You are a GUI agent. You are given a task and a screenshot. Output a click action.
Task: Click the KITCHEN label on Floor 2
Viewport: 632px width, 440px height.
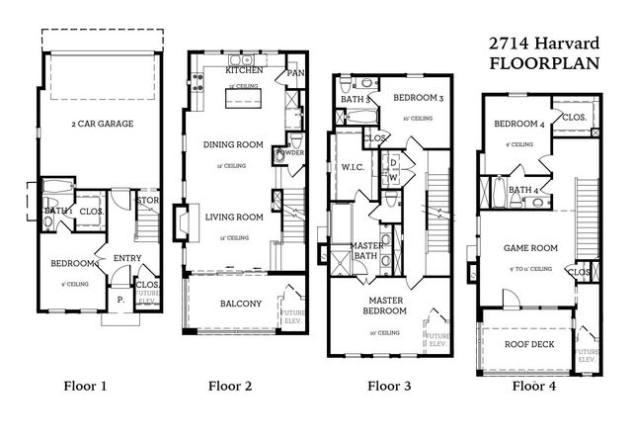tap(244, 71)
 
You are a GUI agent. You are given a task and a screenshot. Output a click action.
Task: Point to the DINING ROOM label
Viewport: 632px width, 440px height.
tap(233, 144)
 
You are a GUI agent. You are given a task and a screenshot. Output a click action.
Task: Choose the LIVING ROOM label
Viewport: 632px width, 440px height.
tap(233, 217)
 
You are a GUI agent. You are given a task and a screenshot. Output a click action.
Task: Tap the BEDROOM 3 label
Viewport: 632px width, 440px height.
tap(419, 99)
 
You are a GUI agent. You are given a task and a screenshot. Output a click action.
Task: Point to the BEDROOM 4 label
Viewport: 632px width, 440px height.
tap(518, 124)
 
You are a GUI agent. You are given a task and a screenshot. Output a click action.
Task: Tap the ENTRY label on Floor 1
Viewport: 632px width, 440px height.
tap(127, 258)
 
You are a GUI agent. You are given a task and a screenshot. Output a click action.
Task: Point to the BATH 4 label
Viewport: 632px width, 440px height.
tap(521, 190)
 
